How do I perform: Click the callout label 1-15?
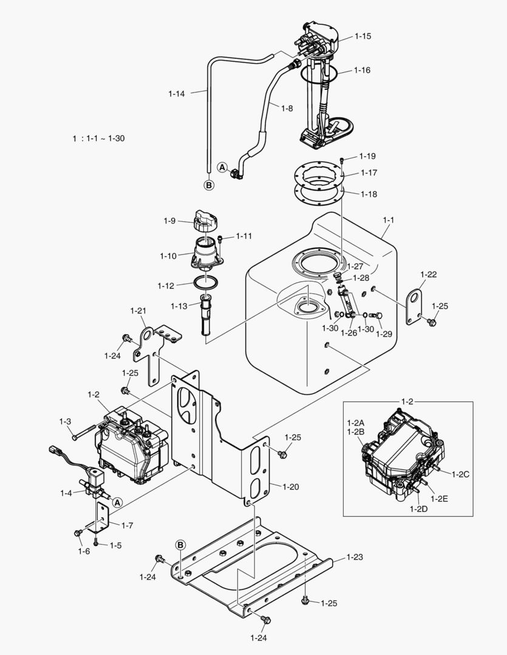point(362,36)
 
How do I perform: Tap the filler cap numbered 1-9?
point(206,220)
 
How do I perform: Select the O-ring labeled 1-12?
point(206,283)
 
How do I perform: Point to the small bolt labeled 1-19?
point(342,160)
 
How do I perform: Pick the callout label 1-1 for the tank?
point(389,220)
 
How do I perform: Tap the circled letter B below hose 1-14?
point(209,184)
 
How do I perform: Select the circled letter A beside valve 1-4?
point(118,503)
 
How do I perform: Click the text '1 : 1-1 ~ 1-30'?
point(99,138)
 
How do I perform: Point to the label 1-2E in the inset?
point(440,499)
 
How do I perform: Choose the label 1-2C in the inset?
point(461,474)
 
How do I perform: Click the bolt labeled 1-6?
point(78,534)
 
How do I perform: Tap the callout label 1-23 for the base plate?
point(355,557)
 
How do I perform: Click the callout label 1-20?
point(291,486)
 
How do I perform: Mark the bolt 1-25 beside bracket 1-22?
point(432,322)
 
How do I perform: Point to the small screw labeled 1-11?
point(220,240)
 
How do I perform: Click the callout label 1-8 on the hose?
point(287,109)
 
